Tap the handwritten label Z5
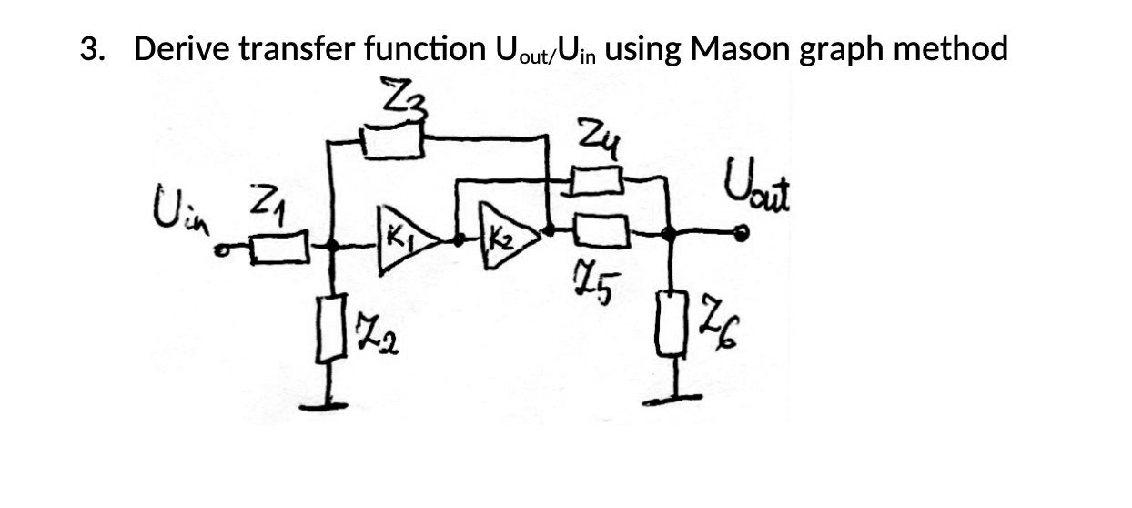pos(596,281)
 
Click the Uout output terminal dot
pos(743,235)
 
